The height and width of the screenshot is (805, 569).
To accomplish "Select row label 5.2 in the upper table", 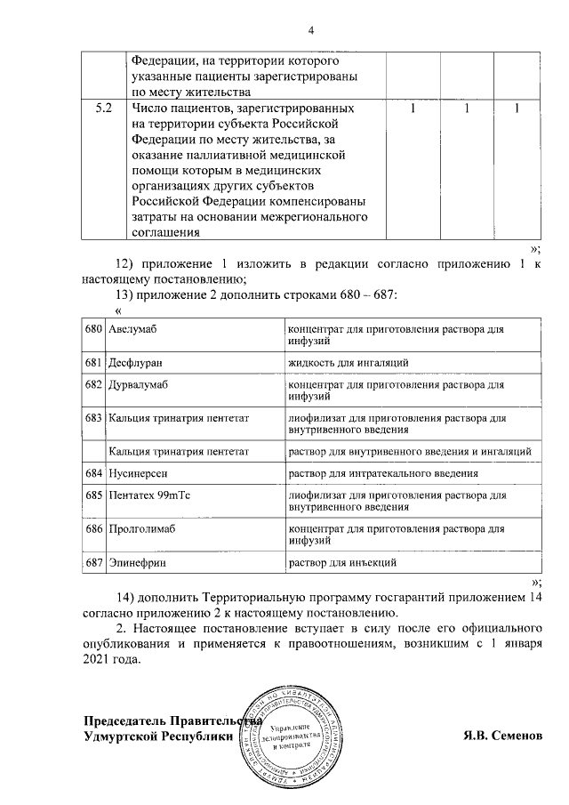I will pos(103,109).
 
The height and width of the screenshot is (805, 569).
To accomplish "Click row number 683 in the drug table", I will pos(94,418).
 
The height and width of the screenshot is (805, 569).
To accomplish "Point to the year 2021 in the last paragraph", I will pos(99,660).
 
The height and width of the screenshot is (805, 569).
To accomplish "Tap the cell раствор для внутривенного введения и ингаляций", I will pos(409,452).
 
